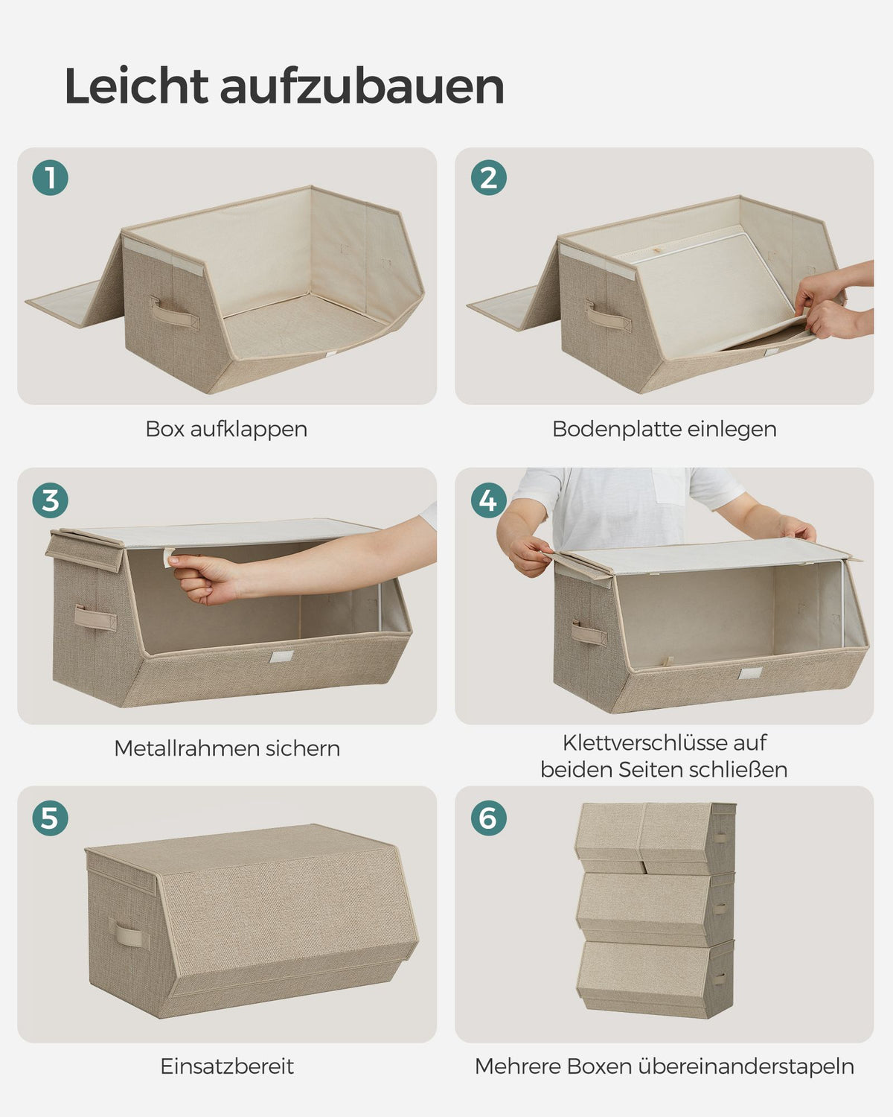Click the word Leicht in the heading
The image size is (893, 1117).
136,86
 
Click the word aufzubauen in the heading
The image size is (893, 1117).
362,86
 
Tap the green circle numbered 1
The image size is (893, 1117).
51,177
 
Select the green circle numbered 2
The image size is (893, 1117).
489,177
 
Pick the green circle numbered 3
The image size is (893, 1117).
51,500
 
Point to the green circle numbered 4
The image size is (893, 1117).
489,500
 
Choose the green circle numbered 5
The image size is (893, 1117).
51,818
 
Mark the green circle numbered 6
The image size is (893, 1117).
489,818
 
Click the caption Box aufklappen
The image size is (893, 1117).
226,430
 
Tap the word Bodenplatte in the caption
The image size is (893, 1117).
609,429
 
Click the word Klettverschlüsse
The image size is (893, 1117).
641,742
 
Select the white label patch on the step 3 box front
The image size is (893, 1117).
281,657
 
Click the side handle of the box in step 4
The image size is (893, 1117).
589,633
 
